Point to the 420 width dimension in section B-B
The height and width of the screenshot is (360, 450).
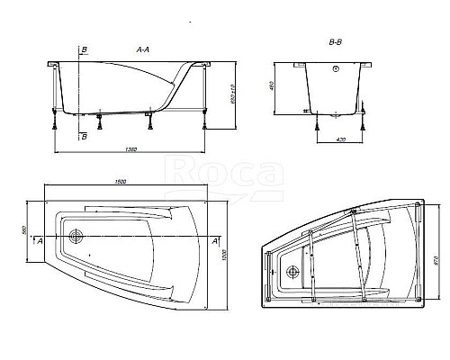(343, 140)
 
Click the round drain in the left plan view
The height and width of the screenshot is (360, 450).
(75, 238)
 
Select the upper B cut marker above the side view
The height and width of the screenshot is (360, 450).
(82, 49)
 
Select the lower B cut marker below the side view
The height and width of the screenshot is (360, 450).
(83, 136)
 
